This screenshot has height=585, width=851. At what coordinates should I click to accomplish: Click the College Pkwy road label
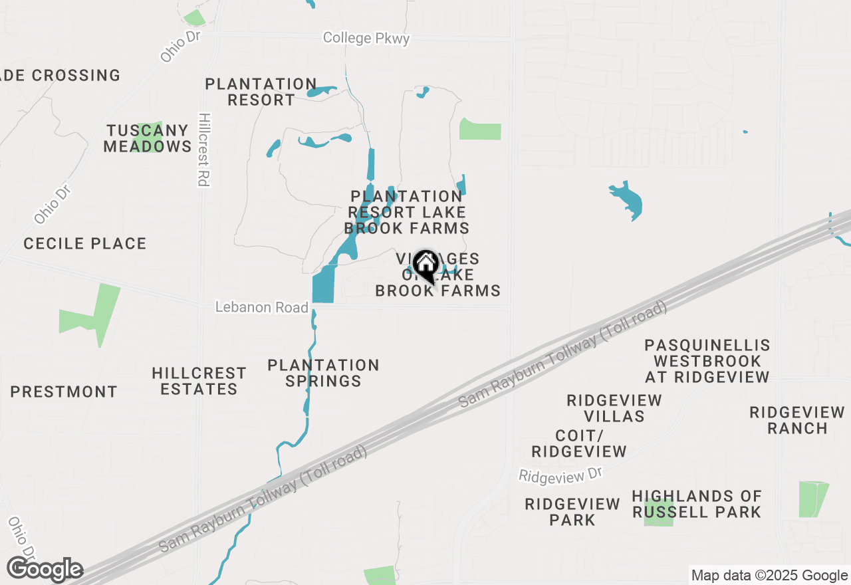click(x=366, y=38)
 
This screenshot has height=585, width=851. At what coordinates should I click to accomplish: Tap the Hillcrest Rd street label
click(x=204, y=150)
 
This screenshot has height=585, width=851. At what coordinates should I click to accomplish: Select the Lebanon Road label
click(x=262, y=307)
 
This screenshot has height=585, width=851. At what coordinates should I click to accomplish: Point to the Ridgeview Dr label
click(x=560, y=475)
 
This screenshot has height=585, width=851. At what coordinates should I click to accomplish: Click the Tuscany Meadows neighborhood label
click(x=148, y=138)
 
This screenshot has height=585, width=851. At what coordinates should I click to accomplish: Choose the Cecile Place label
click(x=85, y=244)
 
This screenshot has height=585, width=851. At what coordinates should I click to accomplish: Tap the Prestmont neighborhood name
click(x=64, y=392)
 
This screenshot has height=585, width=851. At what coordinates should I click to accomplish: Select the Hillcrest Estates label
click(x=199, y=381)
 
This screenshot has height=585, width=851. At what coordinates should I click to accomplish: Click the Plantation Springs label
click(x=323, y=373)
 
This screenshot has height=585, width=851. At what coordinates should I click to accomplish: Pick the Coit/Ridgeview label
click(x=579, y=443)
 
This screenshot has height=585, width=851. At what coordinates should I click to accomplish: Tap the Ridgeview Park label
click(x=572, y=512)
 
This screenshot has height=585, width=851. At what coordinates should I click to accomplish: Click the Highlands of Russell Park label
click(x=697, y=504)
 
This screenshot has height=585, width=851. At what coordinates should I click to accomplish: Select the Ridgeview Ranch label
click(x=797, y=420)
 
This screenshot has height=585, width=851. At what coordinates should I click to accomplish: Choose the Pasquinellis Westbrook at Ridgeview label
click(x=707, y=361)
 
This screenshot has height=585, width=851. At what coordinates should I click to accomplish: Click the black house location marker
click(x=425, y=266)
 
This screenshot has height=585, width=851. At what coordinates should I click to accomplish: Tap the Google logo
click(x=45, y=570)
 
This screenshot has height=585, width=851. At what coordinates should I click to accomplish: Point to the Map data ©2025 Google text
click(x=769, y=576)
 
